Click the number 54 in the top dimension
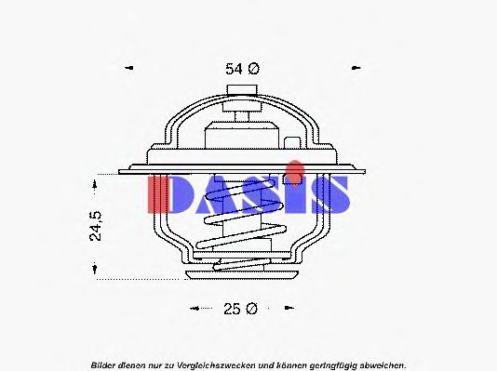234,68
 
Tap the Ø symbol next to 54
253,68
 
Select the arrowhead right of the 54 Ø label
356,68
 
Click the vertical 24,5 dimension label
96,225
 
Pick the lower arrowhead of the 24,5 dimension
96,271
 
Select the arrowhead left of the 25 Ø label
194,308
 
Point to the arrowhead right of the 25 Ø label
297,308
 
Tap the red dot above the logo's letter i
295,168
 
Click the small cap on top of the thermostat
241,89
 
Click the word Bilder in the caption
104,364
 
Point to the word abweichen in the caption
381,364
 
